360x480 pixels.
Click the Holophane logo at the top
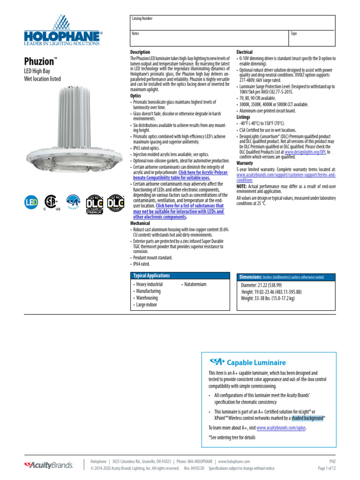(64, 31)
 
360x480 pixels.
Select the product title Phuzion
(39, 61)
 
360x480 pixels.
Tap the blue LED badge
(31, 202)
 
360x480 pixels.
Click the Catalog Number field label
(142, 19)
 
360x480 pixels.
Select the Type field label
(294, 34)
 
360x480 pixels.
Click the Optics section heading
(136, 95)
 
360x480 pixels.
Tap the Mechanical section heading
(140, 224)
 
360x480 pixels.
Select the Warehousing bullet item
(147, 298)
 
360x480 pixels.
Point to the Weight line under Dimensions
(268, 298)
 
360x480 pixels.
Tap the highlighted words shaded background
(307, 418)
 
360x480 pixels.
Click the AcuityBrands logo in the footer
(49, 465)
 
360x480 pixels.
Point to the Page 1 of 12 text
(327, 468)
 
